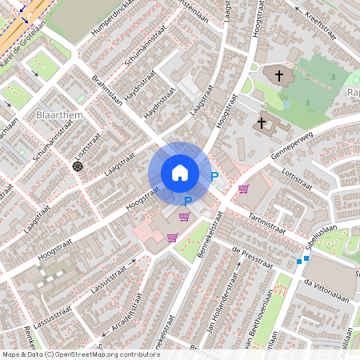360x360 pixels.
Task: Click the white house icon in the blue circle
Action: point(179,173)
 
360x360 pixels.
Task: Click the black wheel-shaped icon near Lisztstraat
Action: point(78,166)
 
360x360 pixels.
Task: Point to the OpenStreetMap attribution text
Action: point(81,354)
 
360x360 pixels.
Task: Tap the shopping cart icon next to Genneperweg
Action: point(243,189)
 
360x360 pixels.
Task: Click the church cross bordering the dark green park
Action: point(279,77)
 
